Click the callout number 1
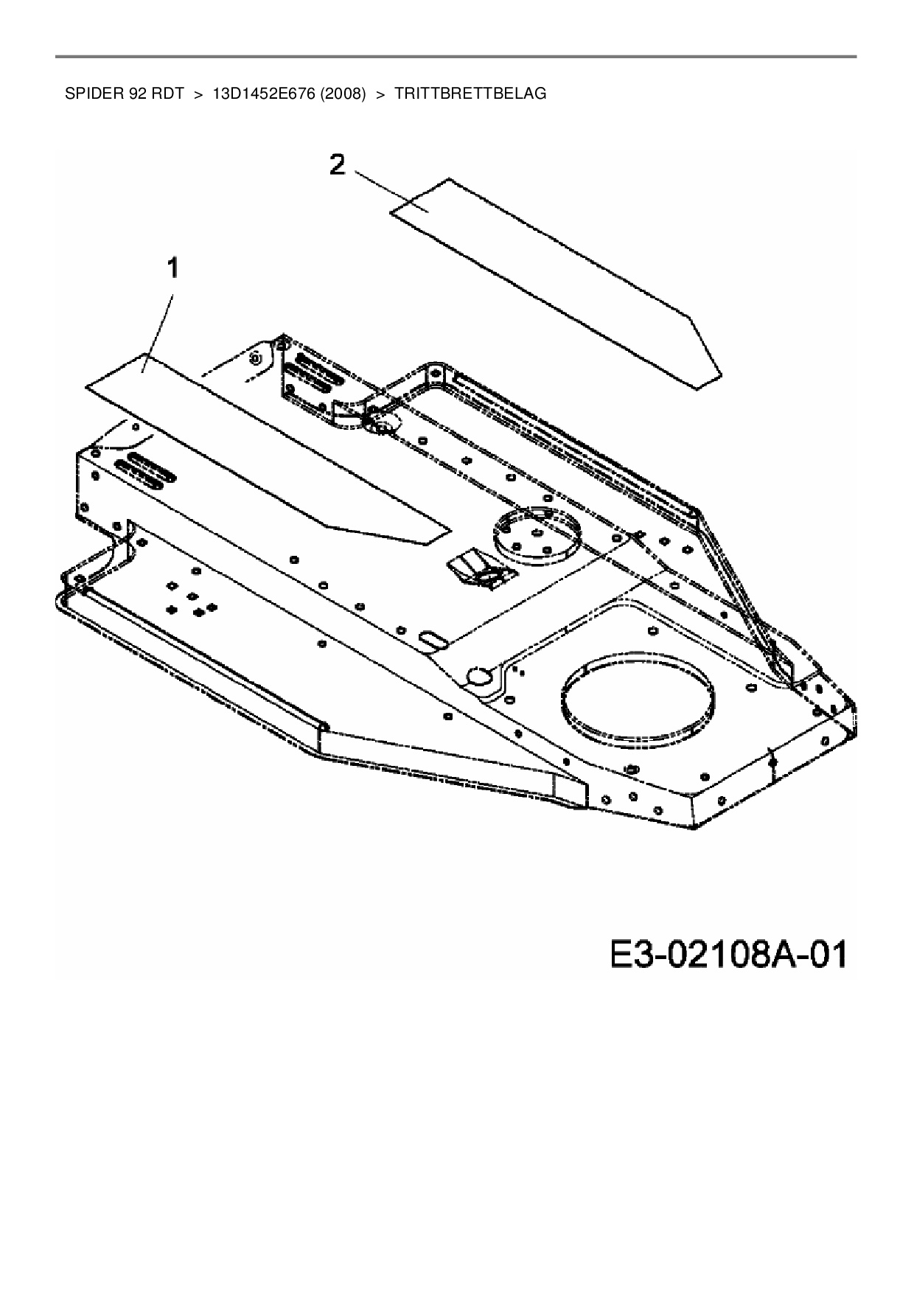172,269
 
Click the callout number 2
336,165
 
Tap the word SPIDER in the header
87,94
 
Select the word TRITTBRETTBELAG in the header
470,94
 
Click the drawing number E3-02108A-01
728,955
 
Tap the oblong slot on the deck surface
432,638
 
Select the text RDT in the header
167,94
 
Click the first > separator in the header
198,94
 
